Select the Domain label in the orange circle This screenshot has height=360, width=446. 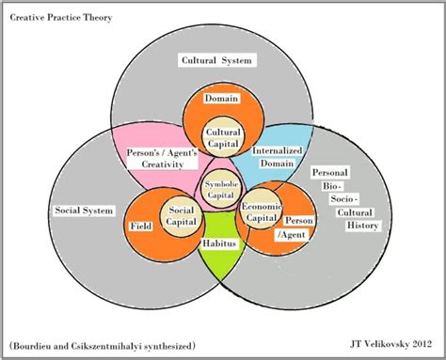click(223, 98)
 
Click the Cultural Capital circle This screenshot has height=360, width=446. click(223, 139)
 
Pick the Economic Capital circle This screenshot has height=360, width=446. click(261, 212)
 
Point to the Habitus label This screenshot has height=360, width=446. click(220, 243)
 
